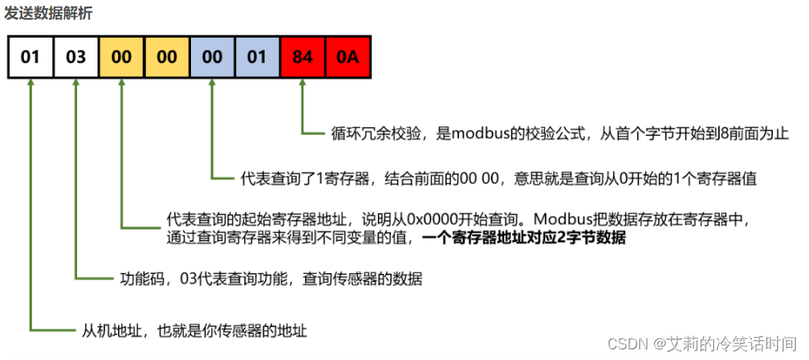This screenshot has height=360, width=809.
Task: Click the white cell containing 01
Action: tap(30, 57)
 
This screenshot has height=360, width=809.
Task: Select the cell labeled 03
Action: tap(75, 57)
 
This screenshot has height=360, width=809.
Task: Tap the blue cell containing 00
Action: tap(211, 57)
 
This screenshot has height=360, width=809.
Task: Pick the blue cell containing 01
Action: tap(257, 57)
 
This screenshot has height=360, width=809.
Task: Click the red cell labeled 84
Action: tap(302, 57)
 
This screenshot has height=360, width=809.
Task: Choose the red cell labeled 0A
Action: tap(348, 57)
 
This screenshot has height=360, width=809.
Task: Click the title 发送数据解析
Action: tap(48, 13)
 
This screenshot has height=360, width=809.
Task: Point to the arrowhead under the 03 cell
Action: tap(75, 84)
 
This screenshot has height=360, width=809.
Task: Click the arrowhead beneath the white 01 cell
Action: tap(30, 84)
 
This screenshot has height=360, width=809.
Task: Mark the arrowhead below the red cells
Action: tap(302, 84)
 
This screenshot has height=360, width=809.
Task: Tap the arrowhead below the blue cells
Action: tap(211, 84)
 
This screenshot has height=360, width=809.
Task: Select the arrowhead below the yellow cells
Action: tap(121, 84)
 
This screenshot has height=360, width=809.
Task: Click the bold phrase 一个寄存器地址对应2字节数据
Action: tap(524, 238)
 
